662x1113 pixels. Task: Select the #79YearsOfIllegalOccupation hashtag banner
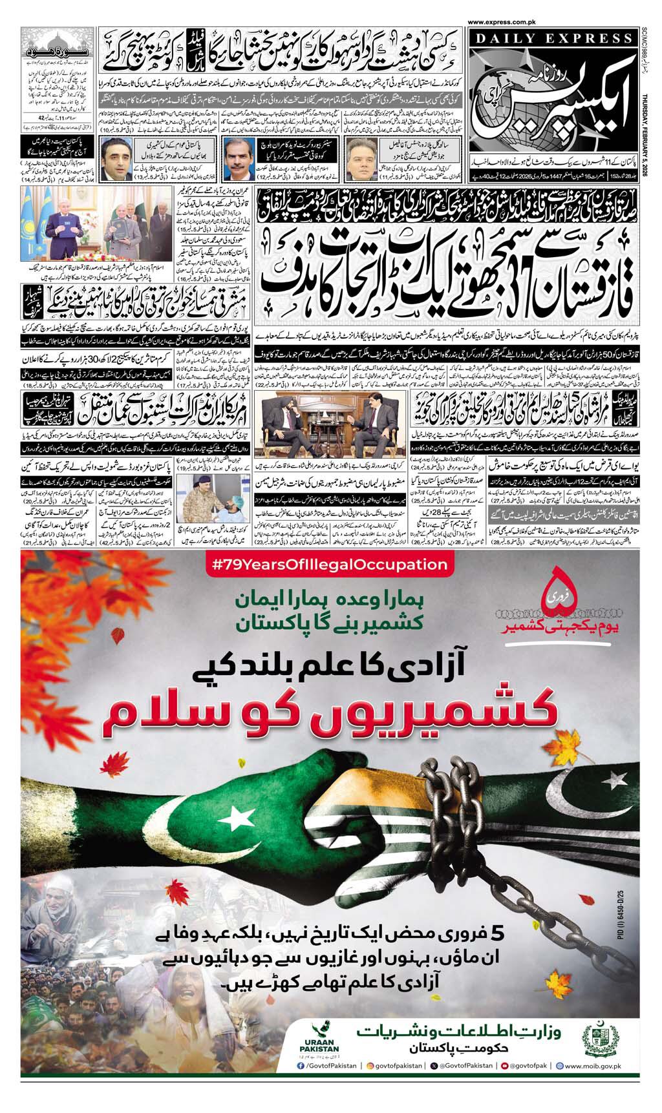coord(330,565)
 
